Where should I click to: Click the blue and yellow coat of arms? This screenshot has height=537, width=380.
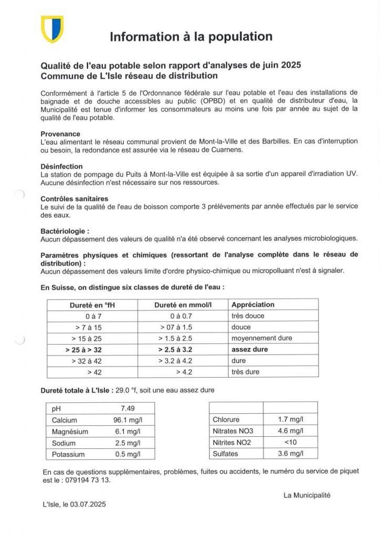[x=52, y=29]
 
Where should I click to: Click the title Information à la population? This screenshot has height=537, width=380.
[x=191, y=37]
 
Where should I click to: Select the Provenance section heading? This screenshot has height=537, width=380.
[x=60, y=134]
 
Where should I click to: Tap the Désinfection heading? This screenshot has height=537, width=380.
[x=61, y=166]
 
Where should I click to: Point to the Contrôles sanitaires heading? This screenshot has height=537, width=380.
[x=75, y=199]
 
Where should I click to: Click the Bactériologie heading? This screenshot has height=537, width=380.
[x=65, y=231]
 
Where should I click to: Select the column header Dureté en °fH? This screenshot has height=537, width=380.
[x=92, y=305]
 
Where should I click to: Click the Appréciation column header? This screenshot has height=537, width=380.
[x=253, y=305]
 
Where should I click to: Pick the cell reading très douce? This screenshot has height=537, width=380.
[x=248, y=316]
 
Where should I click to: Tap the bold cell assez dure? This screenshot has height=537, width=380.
[x=249, y=349]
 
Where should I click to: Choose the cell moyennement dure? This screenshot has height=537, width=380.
[x=261, y=338]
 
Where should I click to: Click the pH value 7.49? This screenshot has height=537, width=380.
[x=128, y=409]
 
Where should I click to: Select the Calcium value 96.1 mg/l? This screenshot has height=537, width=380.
[x=128, y=420]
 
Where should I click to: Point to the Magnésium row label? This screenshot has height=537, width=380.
[x=70, y=432]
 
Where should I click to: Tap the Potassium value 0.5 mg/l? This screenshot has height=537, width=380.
[x=128, y=454]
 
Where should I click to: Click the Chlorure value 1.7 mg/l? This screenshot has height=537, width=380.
[x=290, y=420]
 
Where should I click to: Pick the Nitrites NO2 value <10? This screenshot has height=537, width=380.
[x=290, y=442]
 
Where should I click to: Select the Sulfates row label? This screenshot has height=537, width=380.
[x=226, y=454]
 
